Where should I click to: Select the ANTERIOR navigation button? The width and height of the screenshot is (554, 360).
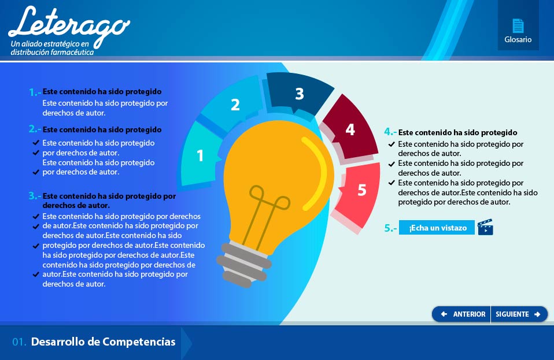click(x=461, y=314)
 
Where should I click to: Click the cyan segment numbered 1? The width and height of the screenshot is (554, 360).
click(x=200, y=154)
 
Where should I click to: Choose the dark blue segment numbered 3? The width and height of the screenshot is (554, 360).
click(x=299, y=93)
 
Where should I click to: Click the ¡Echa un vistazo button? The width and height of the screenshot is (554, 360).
click(x=437, y=228)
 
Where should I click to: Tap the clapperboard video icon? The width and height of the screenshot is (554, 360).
click(x=485, y=227)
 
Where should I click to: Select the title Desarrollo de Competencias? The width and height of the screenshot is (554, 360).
click(x=103, y=342)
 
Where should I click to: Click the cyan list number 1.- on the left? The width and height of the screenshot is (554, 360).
click(x=35, y=92)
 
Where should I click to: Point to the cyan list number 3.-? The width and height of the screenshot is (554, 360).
click(x=35, y=196)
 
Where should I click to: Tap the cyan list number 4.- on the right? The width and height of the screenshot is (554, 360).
click(x=390, y=132)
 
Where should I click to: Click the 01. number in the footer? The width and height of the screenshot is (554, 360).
click(x=19, y=342)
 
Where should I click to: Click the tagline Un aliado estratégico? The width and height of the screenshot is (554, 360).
click(x=50, y=44)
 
